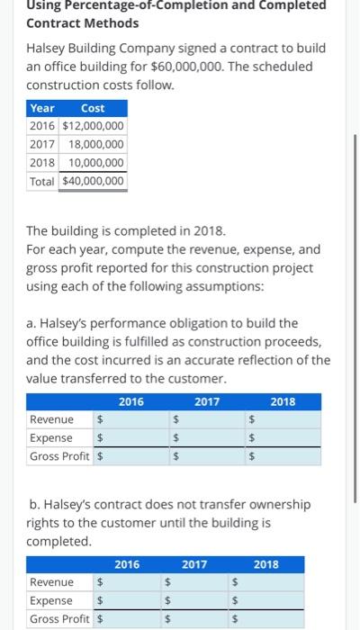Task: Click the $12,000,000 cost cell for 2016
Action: point(93,125)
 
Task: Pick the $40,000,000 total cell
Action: point(93,182)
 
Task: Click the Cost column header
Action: point(93,107)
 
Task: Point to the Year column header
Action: point(42,107)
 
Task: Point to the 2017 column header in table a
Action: point(206,401)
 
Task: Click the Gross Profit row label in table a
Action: point(59,456)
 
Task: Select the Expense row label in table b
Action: point(51,600)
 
